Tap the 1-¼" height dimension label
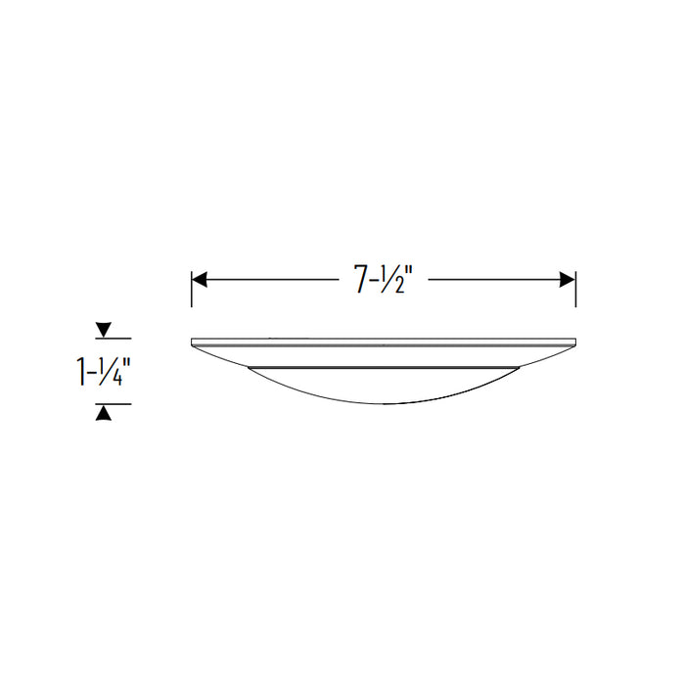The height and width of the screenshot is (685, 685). point(103,372)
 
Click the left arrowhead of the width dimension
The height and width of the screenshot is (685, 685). point(199,280)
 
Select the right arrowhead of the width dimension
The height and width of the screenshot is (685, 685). point(568,280)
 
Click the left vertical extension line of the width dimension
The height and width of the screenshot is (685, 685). point(192,289)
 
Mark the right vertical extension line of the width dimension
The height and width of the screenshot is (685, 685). point(575,289)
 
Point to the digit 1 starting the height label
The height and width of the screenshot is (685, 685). point(81,372)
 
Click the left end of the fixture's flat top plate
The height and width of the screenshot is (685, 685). point(193,342)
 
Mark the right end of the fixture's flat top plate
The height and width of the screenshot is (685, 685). point(574,342)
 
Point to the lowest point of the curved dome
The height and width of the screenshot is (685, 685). point(384,403)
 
